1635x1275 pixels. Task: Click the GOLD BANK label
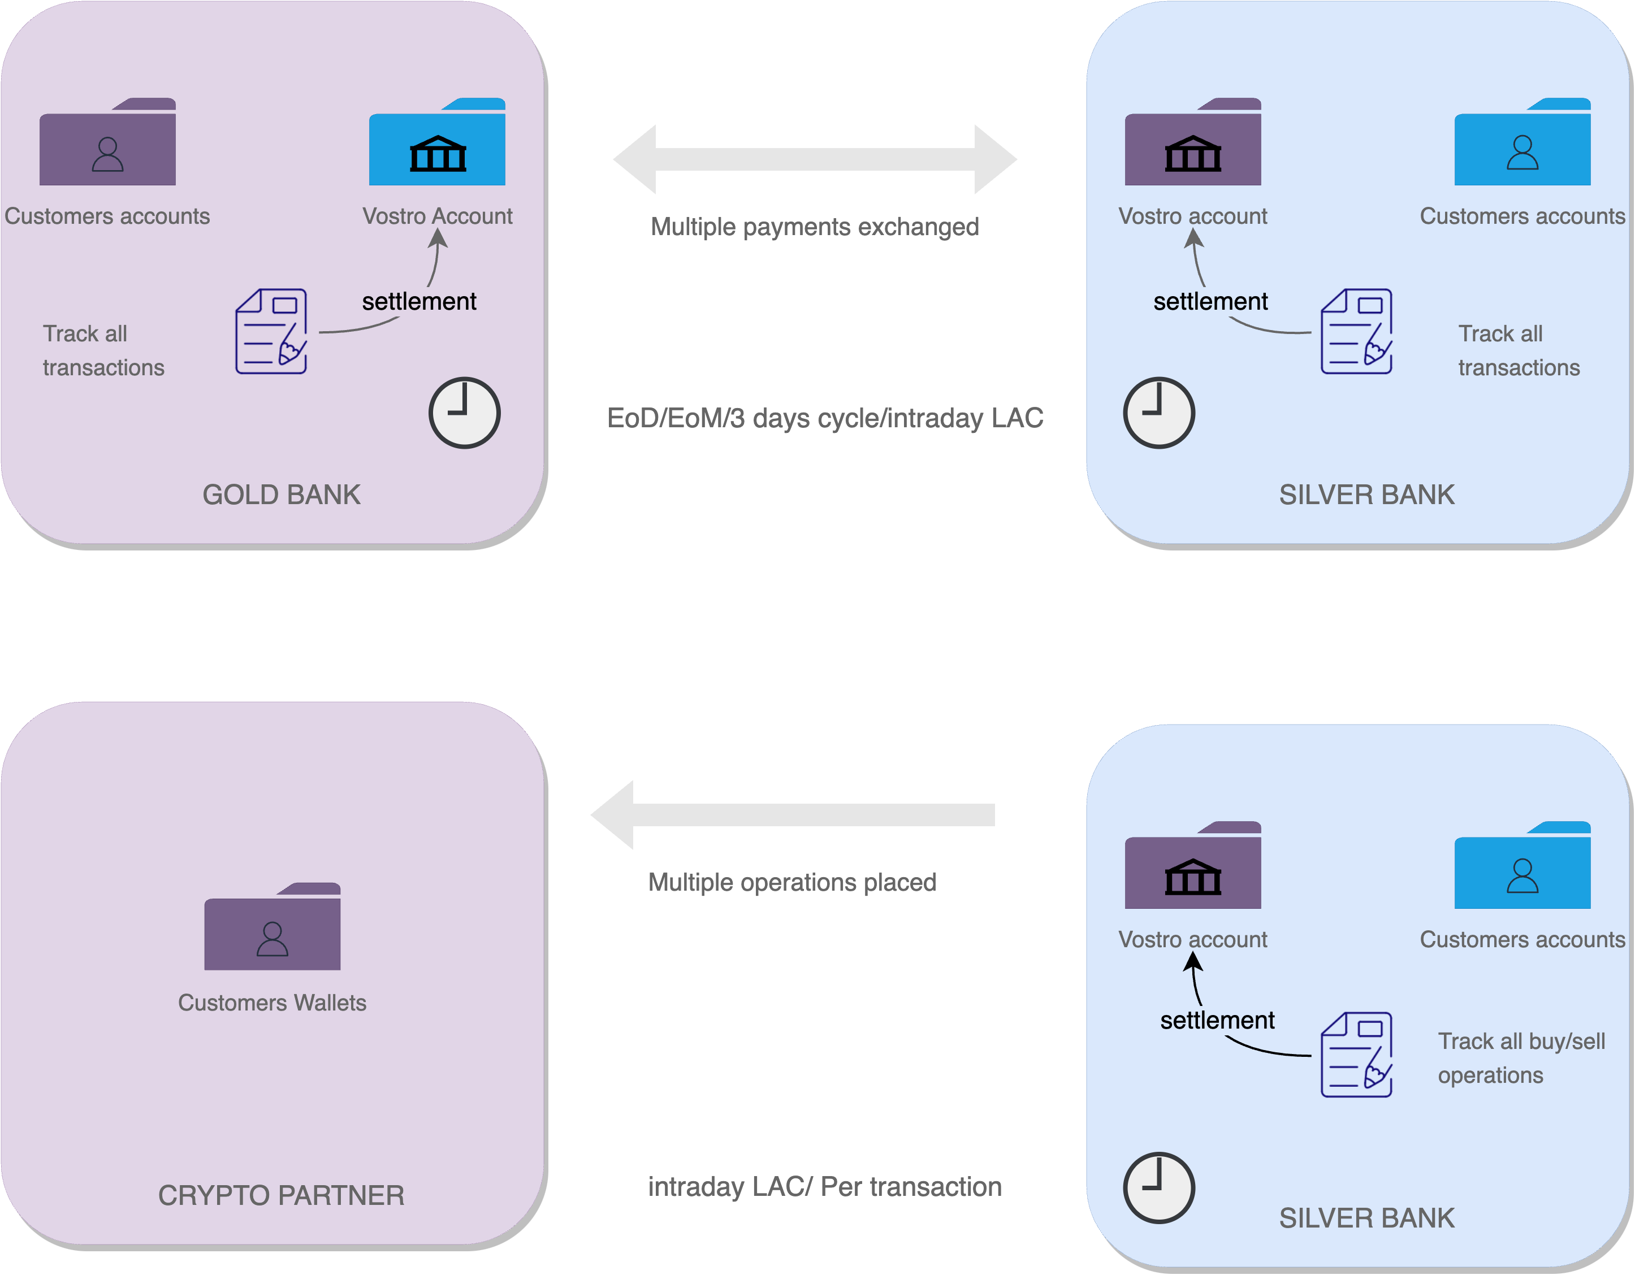pos(282,495)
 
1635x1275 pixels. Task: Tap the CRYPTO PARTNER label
pos(281,1195)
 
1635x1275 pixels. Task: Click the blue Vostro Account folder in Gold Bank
pos(437,144)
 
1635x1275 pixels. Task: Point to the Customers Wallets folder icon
pos(272,928)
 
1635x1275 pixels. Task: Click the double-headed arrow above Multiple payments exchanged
pos(815,159)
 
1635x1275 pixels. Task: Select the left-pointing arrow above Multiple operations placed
pos(792,815)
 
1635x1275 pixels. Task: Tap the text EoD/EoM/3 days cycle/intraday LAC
pos(825,418)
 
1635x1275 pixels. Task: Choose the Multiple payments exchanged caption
pos(815,227)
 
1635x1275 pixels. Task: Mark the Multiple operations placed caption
pos(792,882)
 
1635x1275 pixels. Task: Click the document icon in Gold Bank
pos(271,332)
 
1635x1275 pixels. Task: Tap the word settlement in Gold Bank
pos(419,302)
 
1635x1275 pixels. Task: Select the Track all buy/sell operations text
pos(1521,1058)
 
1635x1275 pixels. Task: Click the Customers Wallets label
pos(272,1003)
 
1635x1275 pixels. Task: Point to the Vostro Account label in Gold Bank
pos(437,216)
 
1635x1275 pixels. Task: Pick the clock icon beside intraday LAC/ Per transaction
pos(1159,1188)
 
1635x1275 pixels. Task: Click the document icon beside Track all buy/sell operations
pos(1356,1055)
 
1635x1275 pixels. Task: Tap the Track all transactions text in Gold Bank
pos(103,350)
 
